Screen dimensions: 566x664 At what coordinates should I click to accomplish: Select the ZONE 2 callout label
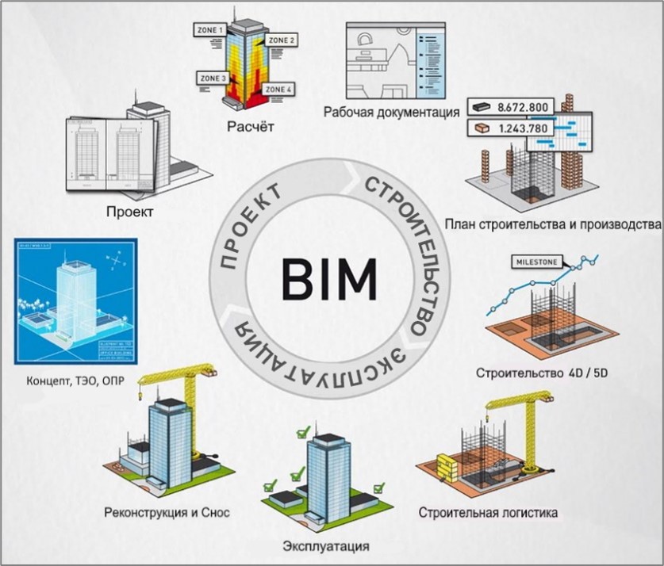click(x=280, y=40)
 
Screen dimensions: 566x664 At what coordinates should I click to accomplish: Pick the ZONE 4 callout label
click(x=277, y=90)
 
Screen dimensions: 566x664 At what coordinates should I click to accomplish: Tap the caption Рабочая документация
click(x=392, y=112)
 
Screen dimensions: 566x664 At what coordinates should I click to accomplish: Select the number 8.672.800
click(x=524, y=106)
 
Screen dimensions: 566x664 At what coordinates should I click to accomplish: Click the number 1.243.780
click(x=524, y=128)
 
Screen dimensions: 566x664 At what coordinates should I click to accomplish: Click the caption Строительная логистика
click(x=488, y=512)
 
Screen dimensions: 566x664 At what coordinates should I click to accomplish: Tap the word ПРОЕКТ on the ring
click(x=248, y=227)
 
